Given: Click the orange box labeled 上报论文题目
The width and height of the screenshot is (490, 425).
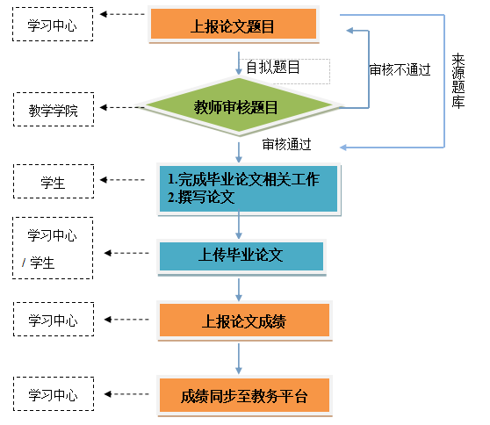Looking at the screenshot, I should click(x=233, y=26).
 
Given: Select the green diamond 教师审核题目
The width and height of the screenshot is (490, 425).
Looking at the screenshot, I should click(x=236, y=108).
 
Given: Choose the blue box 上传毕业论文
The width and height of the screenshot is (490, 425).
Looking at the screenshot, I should click(x=241, y=256).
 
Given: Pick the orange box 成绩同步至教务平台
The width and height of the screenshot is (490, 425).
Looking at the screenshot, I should click(x=245, y=394).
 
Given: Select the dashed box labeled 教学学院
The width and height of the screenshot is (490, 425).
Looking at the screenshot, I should click(x=52, y=112).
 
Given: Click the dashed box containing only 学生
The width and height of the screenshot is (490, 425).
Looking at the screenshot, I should click(x=52, y=184).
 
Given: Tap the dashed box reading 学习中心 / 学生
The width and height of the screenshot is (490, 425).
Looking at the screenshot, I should click(x=52, y=249).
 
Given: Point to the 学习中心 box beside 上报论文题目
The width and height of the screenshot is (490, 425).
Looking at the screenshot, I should click(x=52, y=26).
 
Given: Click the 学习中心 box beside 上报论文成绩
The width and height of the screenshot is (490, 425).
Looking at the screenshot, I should click(x=52, y=317).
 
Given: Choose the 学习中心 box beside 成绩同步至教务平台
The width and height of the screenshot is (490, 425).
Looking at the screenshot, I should click(x=52, y=393).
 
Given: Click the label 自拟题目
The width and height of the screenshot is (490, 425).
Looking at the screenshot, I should click(x=273, y=67).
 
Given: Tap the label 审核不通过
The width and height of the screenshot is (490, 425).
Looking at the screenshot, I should click(x=400, y=70).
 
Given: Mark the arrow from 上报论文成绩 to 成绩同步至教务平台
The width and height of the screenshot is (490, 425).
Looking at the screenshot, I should click(x=239, y=357).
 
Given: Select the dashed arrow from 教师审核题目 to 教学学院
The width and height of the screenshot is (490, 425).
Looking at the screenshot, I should click(x=123, y=110).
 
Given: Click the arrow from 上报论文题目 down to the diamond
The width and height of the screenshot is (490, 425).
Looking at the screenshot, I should click(x=239, y=61).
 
